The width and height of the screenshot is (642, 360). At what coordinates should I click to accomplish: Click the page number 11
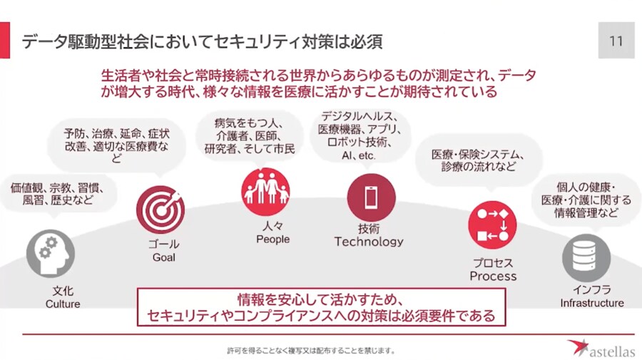point(616,41)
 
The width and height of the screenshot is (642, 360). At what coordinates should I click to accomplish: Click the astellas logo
point(600,349)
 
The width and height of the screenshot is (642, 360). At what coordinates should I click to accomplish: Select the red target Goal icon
point(160,210)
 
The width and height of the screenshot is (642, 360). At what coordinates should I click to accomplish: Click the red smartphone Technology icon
point(371,197)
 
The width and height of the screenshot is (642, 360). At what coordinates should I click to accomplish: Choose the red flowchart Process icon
point(492,225)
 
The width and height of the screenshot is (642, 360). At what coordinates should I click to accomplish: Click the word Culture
point(63,304)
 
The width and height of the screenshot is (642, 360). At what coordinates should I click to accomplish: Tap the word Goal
point(163,257)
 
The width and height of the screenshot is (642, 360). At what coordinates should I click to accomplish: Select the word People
point(272,240)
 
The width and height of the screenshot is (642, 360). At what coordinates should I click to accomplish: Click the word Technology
point(369,242)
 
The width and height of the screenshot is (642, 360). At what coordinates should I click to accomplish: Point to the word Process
point(493,276)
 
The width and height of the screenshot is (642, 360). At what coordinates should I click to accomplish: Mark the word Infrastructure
point(591,303)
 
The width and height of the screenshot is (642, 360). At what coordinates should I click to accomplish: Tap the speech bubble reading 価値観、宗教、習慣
point(57,194)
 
